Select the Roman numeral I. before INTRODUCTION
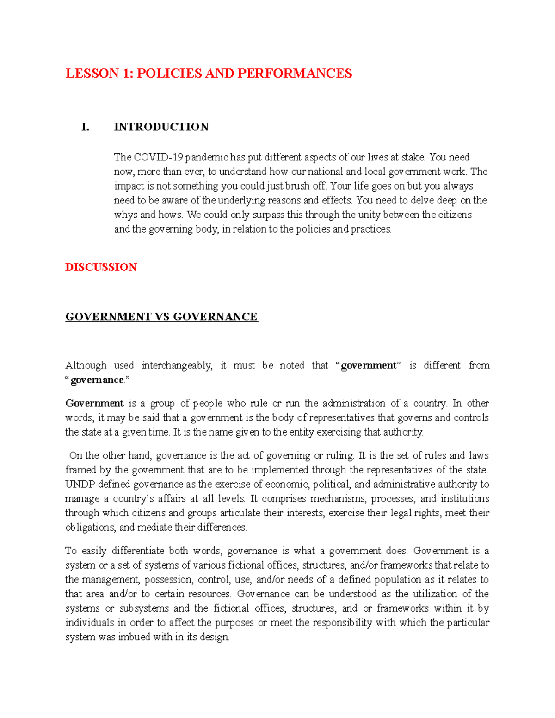click(x=85, y=127)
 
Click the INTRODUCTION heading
click(x=161, y=127)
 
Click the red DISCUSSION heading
click(x=101, y=267)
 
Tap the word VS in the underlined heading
click(x=162, y=317)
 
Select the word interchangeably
click(x=177, y=366)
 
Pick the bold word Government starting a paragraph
click(x=94, y=404)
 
